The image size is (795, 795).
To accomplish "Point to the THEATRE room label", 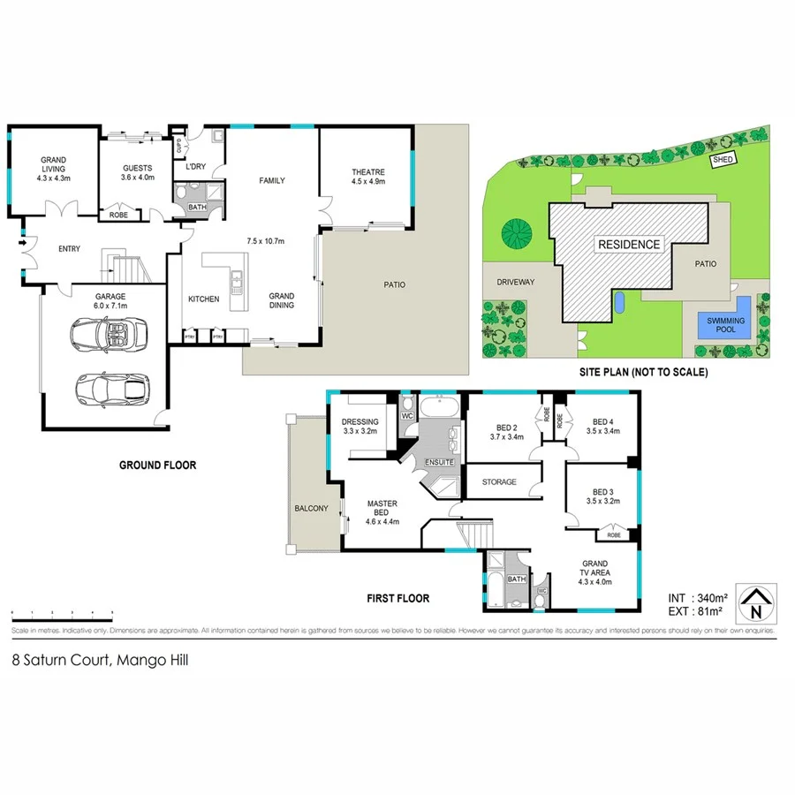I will (x=367, y=172).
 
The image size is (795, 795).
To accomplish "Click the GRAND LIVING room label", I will (x=53, y=167).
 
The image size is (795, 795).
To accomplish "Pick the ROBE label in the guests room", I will (x=117, y=215).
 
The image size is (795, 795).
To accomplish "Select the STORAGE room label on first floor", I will (x=499, y=482).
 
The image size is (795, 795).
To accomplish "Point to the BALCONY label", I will (x=311, y=508).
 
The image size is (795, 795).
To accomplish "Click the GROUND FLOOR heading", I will (x=159, y=465).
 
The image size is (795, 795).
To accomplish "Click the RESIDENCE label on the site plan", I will (x=628, y=245).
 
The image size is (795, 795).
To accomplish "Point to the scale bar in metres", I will (x=62, y=613).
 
